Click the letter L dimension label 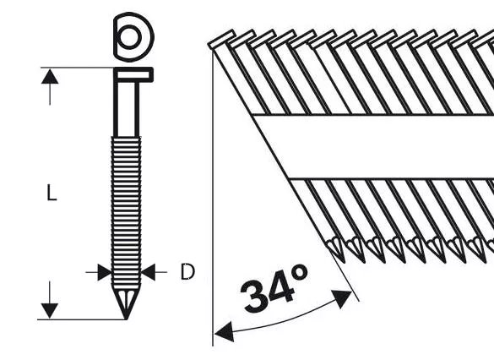52,194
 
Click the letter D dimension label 187,272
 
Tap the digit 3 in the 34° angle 257,294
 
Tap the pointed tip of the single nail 126,314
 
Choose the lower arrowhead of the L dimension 52,311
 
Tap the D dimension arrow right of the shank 149,272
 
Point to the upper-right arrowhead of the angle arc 345,295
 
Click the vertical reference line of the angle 212,211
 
